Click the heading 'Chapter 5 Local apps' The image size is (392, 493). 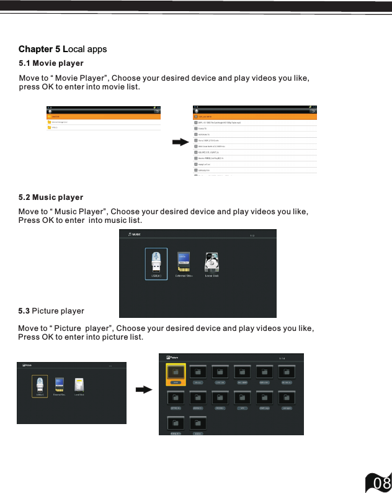[63, 49]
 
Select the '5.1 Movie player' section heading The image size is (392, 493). [51, 63]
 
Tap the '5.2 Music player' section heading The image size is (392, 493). [51, 197]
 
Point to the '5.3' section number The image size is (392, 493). [24, 310]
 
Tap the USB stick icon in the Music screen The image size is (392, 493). [156, 263]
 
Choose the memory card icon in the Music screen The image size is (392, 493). [183, 261]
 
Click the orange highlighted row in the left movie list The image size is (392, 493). [104, 116]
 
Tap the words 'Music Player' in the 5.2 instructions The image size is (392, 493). [80, 212]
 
